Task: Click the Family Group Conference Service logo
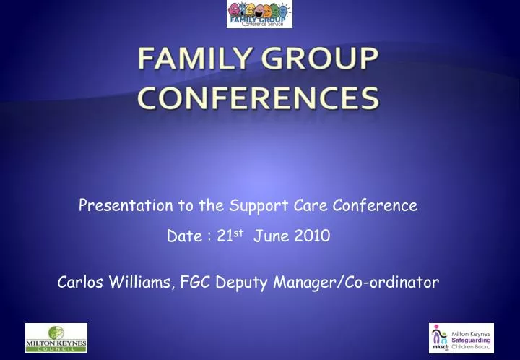point(259,14)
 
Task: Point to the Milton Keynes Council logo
point(56,338)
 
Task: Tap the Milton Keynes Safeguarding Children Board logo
point(461,338)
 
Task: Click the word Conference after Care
point(376,205)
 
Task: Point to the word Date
point(183,236)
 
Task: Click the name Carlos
point(82,283)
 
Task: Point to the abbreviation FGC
point(194,283)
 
